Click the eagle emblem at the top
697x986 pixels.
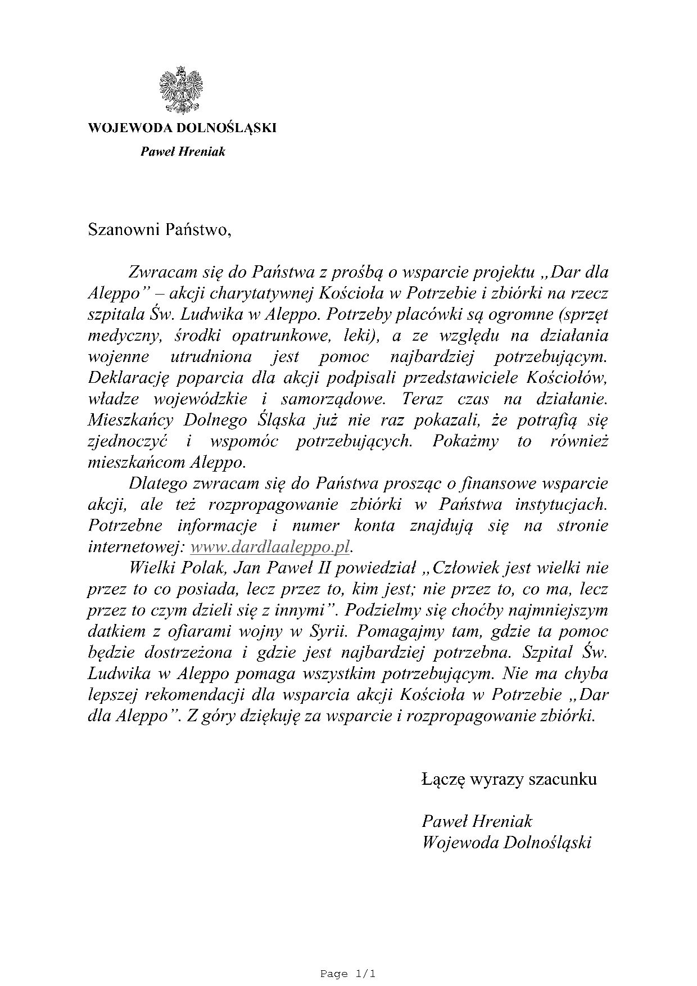pos(182,91)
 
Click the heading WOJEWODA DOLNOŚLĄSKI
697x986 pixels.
pos(182,128)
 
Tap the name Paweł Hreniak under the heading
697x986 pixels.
pos(182,151)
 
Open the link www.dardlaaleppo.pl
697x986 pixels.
pos(270,547)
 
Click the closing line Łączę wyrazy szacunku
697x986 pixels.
pos(509,779)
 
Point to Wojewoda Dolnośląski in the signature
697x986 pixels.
pos(506,843)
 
